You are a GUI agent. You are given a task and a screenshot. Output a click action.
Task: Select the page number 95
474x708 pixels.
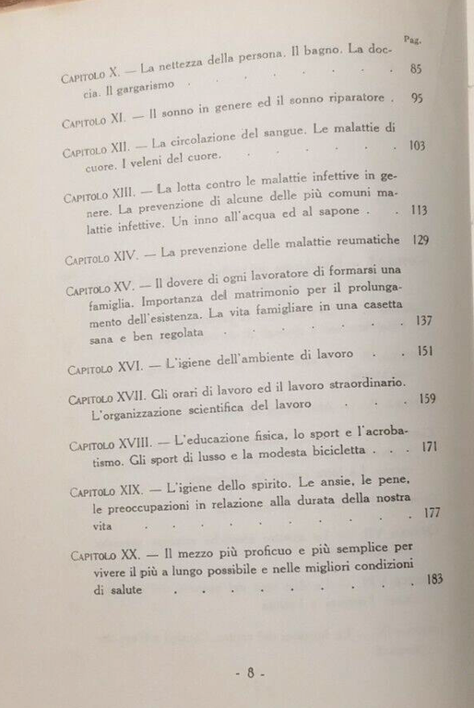tap(417, 99)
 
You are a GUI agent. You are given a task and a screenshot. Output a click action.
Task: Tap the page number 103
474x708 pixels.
tap(418, 146)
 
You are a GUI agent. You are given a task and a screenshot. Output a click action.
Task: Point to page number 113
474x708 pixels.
tap(419, 209)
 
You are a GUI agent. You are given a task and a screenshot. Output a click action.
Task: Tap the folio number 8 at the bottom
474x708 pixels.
tap(248, 672)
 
